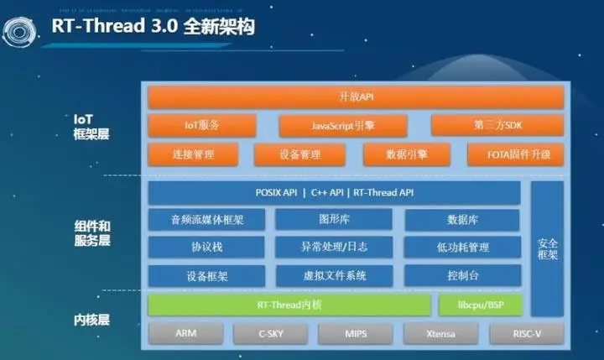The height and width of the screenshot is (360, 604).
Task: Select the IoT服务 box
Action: pyautogui.click(x=202, y=126)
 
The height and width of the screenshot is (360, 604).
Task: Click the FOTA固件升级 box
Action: pyautogui.click(x=508, y=154)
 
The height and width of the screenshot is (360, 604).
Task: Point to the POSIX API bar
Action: pyautogui.click(x=334, y=193)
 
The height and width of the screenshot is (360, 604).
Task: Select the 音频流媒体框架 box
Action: pyautogui.click(x=206, y=220)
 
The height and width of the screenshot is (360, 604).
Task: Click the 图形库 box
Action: pyautogui.click(x=334, y=220)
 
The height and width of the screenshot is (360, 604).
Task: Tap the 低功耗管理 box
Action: pyautogui.click(x=462, y=248)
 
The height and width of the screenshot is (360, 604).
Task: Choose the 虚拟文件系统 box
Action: pyautogui.click(x=334, y=275)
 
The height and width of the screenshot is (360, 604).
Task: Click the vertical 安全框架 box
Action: pyautogui.click(x=547, y=248)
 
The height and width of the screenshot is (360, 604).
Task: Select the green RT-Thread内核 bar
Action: pyautogui.click(x=289, y=304)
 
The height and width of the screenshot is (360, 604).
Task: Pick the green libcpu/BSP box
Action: pyautogui.click(x=479, y=304)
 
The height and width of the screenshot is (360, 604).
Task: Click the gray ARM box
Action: pyautogui.click(x=185, y=333)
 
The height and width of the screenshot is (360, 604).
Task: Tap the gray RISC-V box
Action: pyautogui.click(x=527, y=333)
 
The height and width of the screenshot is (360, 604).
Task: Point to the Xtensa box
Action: pyautogui.click(x=441, y=333)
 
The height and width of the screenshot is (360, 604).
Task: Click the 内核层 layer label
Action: pyautogui.click(x=90, y=320)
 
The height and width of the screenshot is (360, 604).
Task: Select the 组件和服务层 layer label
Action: pyautogui.click(x=92, y=234)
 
